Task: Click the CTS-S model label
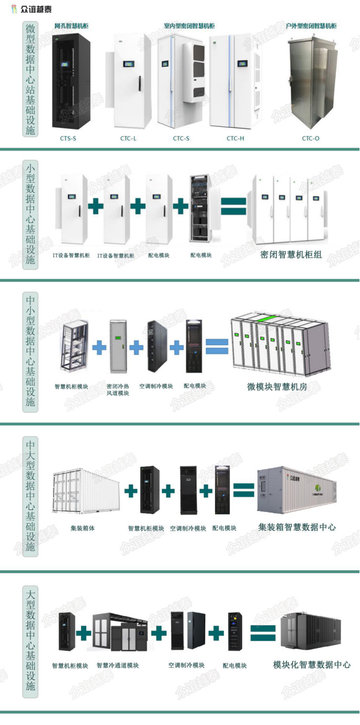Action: [x=69, y=138]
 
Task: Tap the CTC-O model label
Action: [x=311, y=138]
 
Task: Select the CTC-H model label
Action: [x=235, y=138]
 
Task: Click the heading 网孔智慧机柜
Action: [x=71, y=25]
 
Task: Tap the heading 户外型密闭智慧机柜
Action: [x=311, y=25]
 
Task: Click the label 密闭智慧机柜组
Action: [x=291, y=255]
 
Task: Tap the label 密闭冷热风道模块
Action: [x=118, y=390]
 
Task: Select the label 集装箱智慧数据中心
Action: [x=297, y=527]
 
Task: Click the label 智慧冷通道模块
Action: [x=118, y=665]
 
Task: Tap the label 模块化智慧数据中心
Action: [x=312, y=665]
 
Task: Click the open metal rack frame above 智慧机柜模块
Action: [x=74, y=348]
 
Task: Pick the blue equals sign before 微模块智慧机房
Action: [x=217, y=347]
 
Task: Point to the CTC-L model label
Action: [x=128, y=138]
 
